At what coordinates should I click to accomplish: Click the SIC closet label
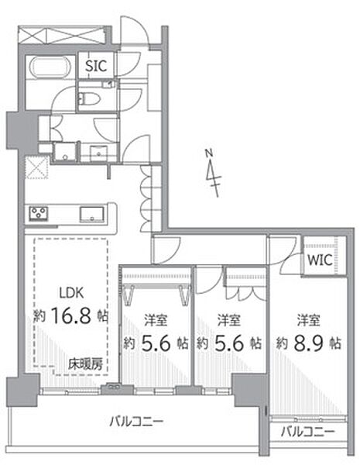96,66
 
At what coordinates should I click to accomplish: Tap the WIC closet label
320,260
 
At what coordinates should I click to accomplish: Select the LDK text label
71,293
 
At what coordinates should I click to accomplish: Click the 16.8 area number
70,315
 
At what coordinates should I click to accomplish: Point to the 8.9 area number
308,343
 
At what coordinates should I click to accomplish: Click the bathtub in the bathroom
50,67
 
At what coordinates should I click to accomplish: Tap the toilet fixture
90,98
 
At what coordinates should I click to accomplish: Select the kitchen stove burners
39,213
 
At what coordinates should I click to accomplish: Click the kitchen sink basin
92,214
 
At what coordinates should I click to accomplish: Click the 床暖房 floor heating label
85,364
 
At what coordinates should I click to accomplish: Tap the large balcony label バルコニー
136,421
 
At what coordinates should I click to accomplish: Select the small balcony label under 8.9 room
308,432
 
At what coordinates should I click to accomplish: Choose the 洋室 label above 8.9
308,320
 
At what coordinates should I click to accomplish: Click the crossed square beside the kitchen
36,167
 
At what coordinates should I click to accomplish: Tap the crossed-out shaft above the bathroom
61,35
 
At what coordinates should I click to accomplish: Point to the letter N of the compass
209,153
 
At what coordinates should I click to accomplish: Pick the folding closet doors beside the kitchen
146,198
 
